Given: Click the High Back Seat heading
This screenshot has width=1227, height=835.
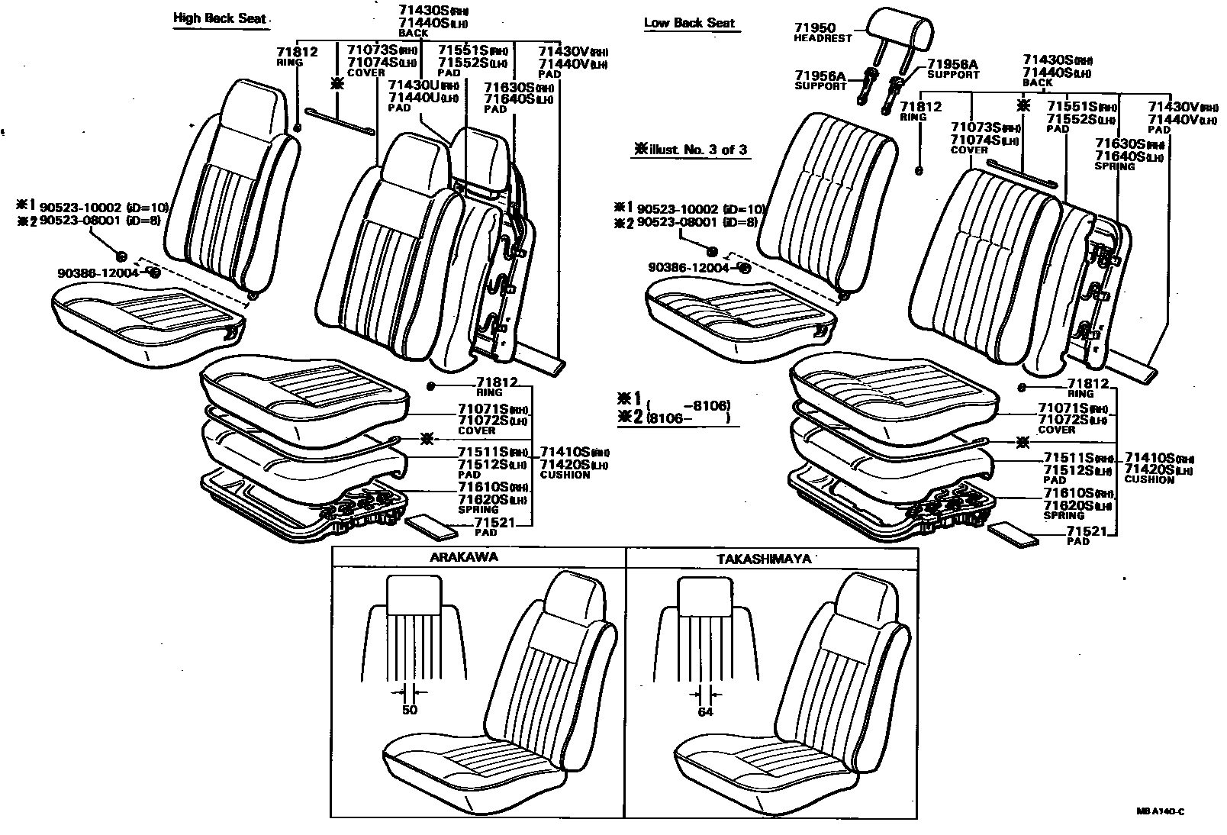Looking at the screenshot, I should tap(220, 17).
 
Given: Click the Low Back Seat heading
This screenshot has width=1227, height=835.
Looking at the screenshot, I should tap(689, 22).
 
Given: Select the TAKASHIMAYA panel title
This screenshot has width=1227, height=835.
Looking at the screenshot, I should tap(764, 559).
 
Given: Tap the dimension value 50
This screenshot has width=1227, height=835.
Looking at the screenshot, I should tap(410, 710).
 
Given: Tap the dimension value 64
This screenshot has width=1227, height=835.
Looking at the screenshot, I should tap(705, 711).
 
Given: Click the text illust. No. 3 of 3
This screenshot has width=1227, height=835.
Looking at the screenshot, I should tap(691, 150).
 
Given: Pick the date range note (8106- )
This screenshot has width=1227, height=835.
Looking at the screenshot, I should tap(688, 419).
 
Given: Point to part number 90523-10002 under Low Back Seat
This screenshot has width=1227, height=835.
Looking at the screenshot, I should tap(677, 209).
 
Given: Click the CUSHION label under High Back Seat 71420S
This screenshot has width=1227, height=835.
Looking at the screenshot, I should tap(565, 475).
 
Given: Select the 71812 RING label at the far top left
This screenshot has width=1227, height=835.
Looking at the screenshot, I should tap(297, 52).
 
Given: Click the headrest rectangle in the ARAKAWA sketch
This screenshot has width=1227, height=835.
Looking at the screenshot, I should tap(414, 593).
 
